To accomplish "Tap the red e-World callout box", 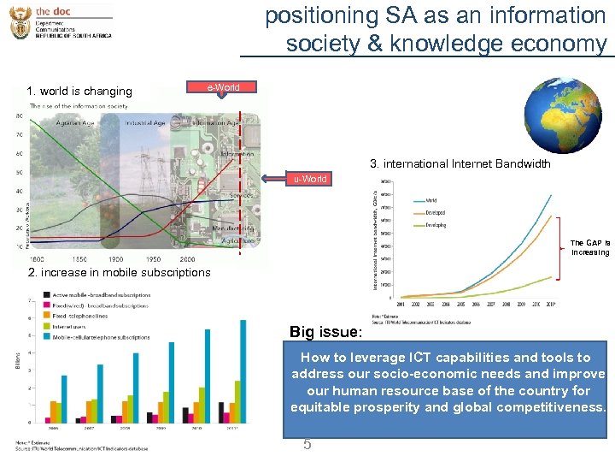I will pyautogui.click(x=223, y=87).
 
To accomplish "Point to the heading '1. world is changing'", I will pyautogui.click(x=79, y=91).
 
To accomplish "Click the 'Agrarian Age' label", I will pyautogui.click(x=74, y=122).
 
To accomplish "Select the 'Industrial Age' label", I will pyautogui.click(x=144, y=122).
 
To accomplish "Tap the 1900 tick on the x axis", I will pyautogui.click(x=115, y=258).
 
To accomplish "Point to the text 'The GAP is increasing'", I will pyautogui.click(x=590, y=247).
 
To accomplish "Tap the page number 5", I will pyautogui.click(x=307, y=444).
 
